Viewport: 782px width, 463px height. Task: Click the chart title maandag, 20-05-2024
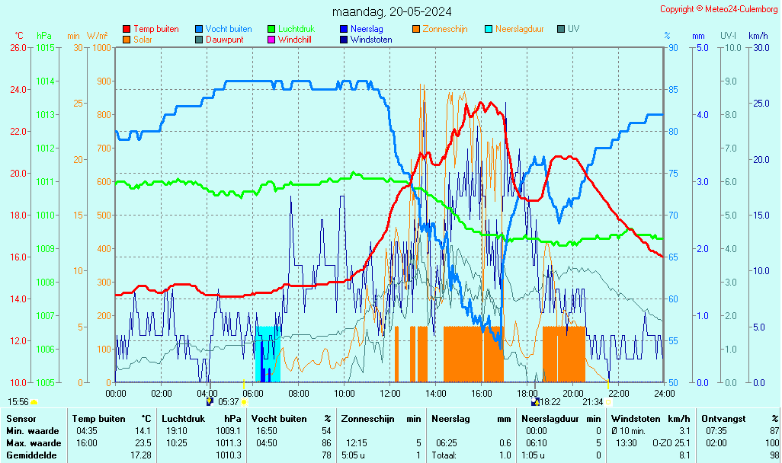click(392, 11)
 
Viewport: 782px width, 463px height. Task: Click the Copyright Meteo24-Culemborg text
click(719, 9)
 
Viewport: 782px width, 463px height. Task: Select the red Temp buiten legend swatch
click(127, 29)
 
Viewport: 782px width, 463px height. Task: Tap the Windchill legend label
click(294, 40)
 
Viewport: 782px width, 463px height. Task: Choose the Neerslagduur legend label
click(519, 29)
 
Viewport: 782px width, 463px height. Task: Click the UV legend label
click(574, 29)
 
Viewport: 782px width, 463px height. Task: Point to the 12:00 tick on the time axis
click(390, 393)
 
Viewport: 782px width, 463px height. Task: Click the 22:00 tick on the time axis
click(619, 393)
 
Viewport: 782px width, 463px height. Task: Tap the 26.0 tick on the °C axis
click(18, 47)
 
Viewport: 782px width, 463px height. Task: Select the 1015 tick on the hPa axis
click(45, 47)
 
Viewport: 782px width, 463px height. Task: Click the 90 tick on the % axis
click(673, 47)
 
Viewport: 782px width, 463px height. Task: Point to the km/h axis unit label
click(758, 36)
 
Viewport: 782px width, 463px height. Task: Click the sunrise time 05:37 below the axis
click(229, 401)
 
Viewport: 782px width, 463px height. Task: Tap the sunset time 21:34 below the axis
click(593, 401)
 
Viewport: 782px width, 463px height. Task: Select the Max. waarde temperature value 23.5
click(143, 443)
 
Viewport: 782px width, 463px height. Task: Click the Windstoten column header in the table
click(642, 419)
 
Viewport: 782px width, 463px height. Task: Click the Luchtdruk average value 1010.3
click(228, 455)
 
